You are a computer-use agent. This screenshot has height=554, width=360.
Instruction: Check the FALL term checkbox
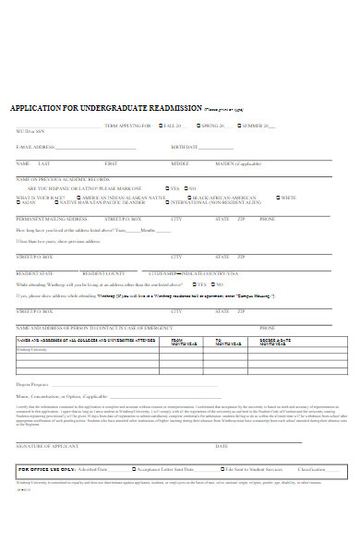pos(157,125)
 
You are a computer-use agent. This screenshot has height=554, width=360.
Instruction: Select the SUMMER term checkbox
pos(235,125)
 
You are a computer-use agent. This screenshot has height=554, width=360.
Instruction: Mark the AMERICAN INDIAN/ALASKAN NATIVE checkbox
pos(78,198)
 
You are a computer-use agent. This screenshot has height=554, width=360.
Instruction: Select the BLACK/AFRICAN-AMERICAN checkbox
pos(189,198)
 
